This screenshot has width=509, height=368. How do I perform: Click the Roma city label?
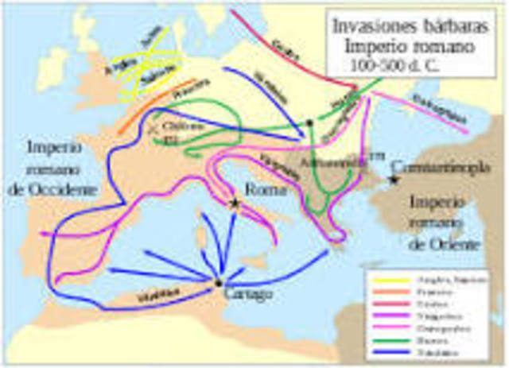tap(258, 190)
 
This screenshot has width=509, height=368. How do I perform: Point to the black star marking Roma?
tap(234, 203)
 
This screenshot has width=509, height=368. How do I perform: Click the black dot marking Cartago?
tap(218, 282)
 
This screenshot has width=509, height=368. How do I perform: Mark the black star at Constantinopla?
tap(393, 181)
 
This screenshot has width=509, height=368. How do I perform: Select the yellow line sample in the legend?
tap(385, 278)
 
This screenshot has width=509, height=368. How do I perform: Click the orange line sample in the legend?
tap(385, 291)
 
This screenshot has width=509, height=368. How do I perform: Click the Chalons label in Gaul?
tap(177, 126)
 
